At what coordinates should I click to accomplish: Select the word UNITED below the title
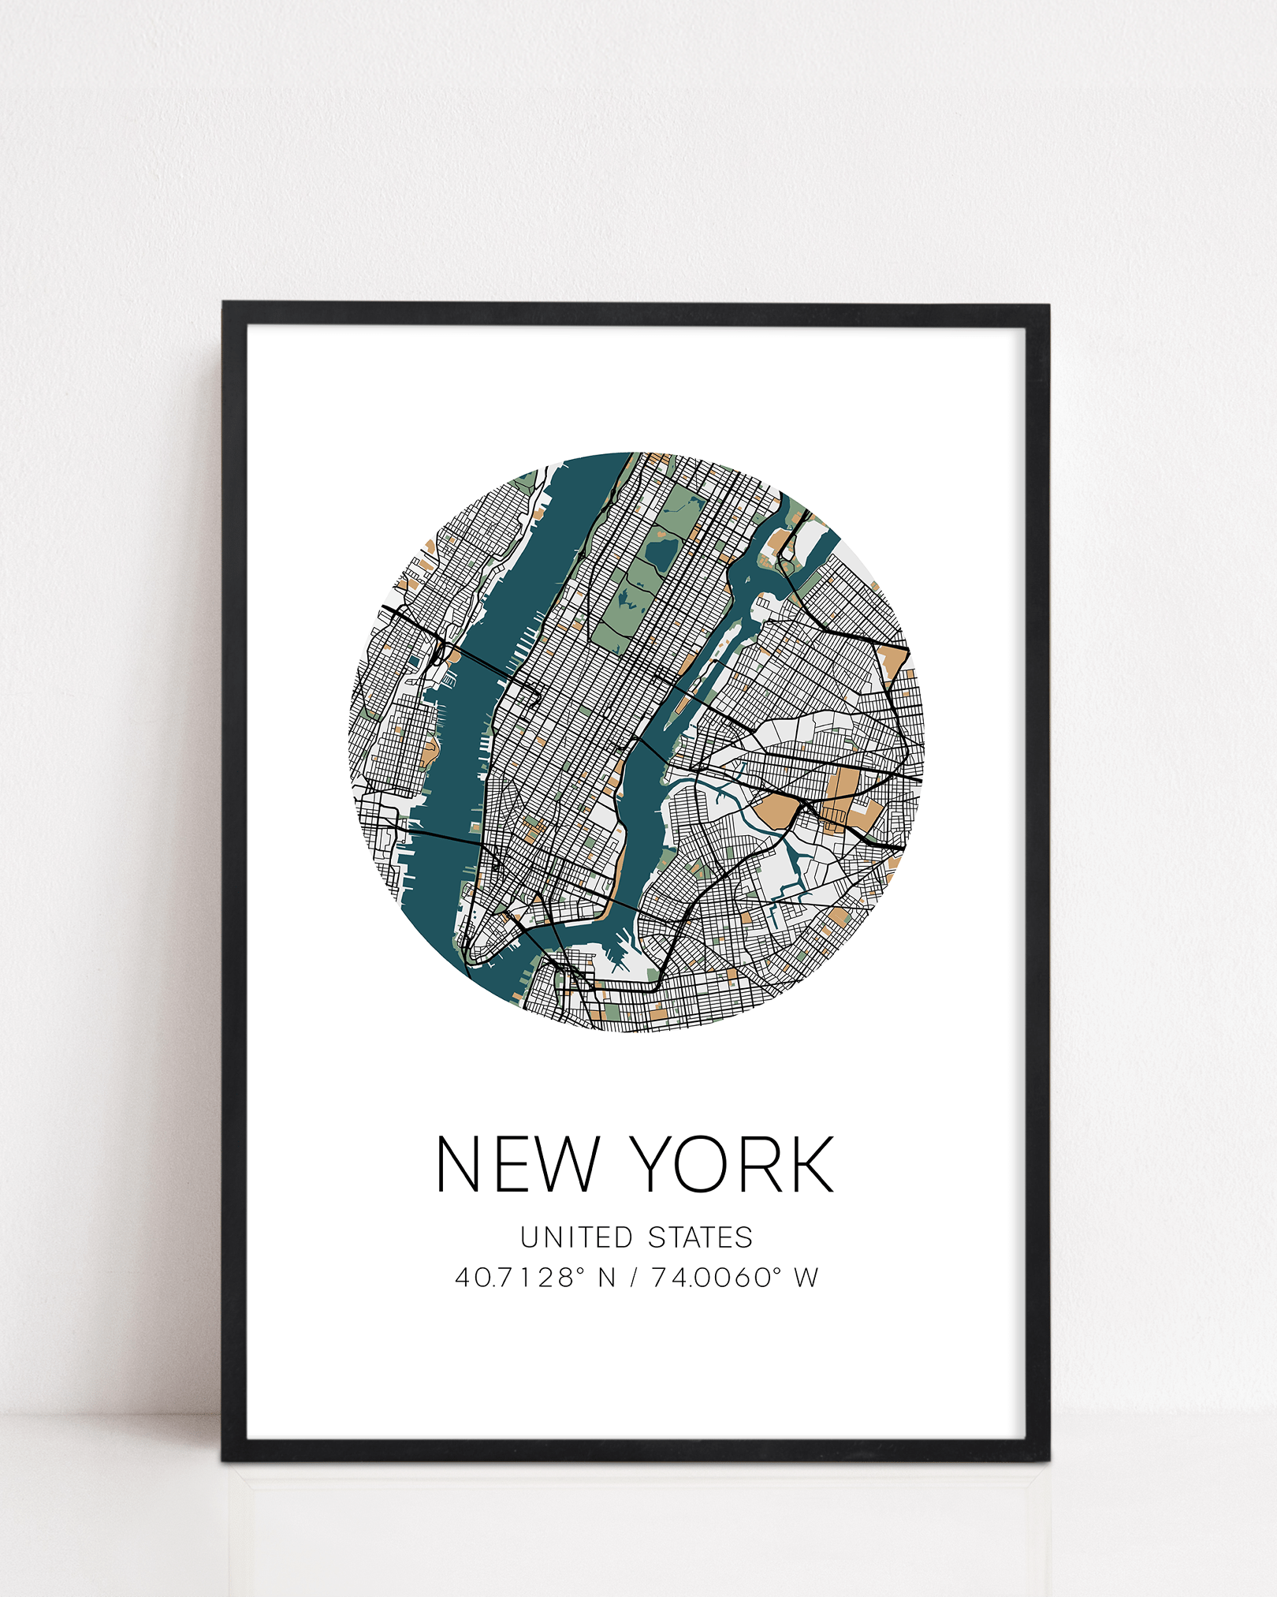pos(576,1237)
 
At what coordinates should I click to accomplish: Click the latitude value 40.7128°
pos(520,1278)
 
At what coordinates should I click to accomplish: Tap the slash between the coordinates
pos(633,1278)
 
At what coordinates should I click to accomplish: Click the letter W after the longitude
pos(806,1278)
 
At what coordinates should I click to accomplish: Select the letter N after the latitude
pos(606,1278)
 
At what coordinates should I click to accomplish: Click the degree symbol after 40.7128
pos(581,1271)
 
